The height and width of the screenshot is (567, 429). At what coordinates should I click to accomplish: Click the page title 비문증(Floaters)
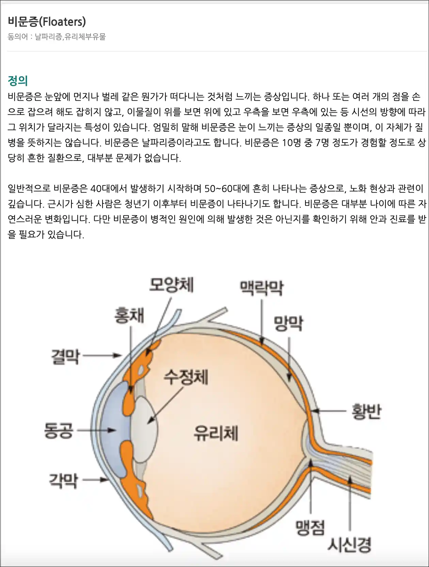coord(47,21)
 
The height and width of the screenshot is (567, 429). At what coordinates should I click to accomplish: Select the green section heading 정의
coord(18,81)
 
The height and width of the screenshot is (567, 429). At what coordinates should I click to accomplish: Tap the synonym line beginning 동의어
coord(57,37)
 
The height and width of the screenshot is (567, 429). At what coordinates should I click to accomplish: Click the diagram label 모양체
coord(171,285)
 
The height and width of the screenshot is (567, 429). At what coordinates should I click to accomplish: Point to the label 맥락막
coord(261,288)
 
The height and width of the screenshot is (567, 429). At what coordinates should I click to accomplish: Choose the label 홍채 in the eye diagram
coord(129,315)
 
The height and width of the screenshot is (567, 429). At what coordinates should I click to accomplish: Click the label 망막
coord(288,323)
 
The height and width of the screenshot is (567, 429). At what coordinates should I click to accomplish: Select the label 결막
coord(65,357)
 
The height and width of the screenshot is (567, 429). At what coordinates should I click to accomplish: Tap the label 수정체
coord(186,377)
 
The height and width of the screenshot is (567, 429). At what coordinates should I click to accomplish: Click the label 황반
coord(366,411)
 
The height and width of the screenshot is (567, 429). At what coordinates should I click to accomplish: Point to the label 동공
coord(59,431)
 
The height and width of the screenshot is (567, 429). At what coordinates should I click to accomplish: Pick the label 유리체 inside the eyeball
coord(216,433)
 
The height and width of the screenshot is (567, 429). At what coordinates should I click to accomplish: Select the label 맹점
coord(310,528)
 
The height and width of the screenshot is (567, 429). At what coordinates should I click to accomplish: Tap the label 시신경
coord(349,545)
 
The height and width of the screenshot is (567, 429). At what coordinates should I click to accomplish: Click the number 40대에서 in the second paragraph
coord(109,189)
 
